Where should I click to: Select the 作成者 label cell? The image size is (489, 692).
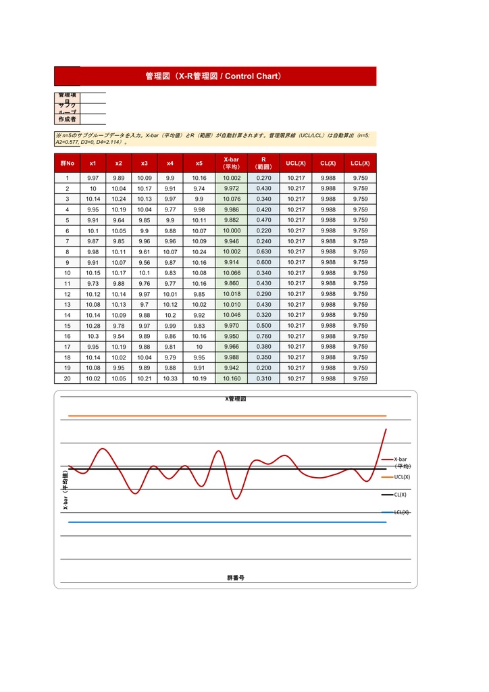click(x=67, y=120)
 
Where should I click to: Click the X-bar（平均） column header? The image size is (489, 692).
click(x=231, y=163)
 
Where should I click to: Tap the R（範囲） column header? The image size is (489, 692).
click(x=263, y=163)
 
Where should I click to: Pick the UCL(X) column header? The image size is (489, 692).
click(x=296, y=163)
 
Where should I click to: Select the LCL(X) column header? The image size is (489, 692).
click(x=360, y=163)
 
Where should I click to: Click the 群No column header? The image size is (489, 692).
click(x=67, y=163)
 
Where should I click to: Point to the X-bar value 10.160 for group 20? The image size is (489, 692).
click(x=231, y=378)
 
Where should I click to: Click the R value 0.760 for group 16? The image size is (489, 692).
click(x=263, y=336)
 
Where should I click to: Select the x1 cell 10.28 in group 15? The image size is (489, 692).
click(x=93, y=326)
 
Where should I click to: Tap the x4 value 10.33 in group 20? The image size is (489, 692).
click(x=170, y=378)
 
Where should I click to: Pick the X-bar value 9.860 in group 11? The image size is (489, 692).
click(x=231, y=283)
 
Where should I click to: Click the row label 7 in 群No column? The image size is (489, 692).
click(x=67, y=241)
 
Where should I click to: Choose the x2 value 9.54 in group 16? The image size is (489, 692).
click(x=118, y=336)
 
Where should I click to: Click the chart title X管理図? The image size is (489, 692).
click(x=236, y=399)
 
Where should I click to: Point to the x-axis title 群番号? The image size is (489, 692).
click(x=236, y=578)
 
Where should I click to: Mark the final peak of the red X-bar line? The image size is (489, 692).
click(x=386, y=429)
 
